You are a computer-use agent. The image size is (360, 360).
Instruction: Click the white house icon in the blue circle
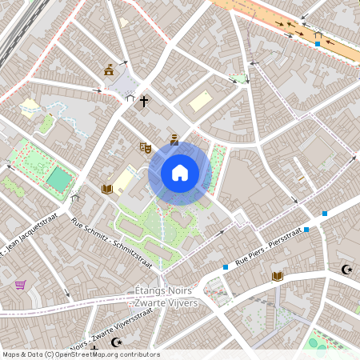coord(179,172)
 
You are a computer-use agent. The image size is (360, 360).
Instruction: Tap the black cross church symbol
coord(144,102)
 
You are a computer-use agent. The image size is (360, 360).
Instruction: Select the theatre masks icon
coord(145,147)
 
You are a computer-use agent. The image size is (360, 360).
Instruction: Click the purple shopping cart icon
coord(20,285)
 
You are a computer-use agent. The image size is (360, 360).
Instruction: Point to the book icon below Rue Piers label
coord(277,276)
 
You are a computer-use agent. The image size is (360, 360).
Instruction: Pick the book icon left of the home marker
coord(106,189)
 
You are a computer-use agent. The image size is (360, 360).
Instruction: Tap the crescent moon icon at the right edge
coord(346,270)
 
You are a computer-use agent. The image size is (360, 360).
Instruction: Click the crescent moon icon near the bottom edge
coord(117,342)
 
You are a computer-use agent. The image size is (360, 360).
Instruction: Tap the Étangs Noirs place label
coord(168,292)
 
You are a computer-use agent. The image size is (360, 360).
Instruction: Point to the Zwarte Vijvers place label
coord(168,303)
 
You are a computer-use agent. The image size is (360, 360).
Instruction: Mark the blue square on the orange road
coord(318,43)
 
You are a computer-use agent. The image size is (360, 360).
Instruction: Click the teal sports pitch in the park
coord(58,178)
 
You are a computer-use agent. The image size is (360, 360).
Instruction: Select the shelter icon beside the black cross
coord(130,98)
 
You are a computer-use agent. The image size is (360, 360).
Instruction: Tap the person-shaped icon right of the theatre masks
coord(174,139)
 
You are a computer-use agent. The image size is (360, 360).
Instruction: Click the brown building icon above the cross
coord(109,70)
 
